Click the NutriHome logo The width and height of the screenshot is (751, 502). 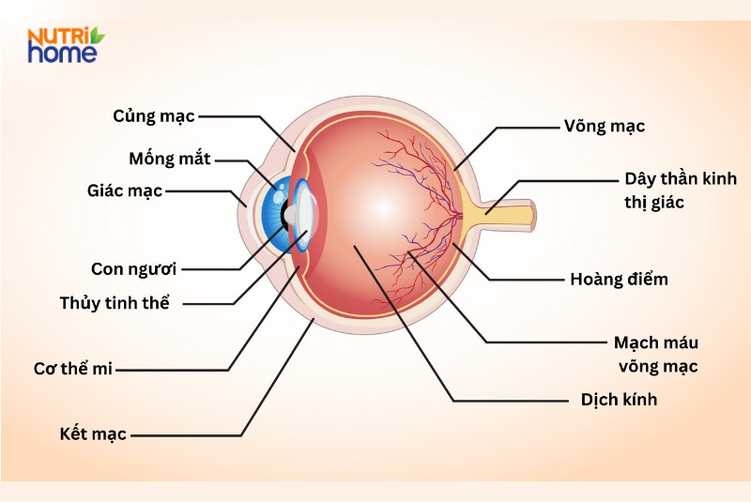pos(65,45)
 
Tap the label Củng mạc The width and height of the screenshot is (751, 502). pos(153,116)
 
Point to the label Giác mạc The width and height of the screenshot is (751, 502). pos(124,190)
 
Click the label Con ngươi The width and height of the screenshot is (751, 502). pos(134,269)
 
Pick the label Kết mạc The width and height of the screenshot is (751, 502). pos(92,434)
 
